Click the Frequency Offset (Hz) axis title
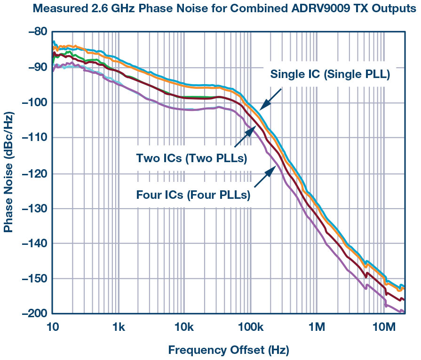click(228, 350)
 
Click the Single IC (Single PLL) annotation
click(330, 74)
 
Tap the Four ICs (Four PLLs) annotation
click(193, 194)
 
